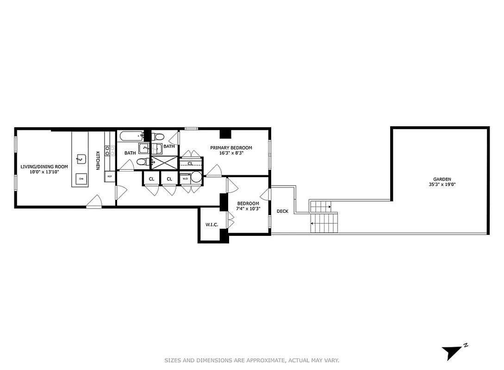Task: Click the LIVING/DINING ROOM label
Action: pyautogui.click(x=44, y=166)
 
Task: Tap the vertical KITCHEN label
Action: pyautogui.click(x=98, y=160)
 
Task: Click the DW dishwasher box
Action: pyautogui.click(x=81, y=179)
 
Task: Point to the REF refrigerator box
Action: pyautogui.click(x=110, y=176)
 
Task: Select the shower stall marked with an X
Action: pyautogui.click(x=165, y=162)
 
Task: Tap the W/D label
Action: pyautogui.click(x=185, y=178)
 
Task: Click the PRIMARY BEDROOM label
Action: pyautogui.click(x=231, y=148)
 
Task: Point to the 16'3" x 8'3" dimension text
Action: pyautogui.click(x=231, y=153)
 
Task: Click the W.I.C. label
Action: pyautogui.click(x=212, y=225)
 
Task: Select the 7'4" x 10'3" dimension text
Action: pyautogui.click(x=249, y=209)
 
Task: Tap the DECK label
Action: pyautogui.click(x=282, y=211)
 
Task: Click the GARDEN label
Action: pyautogui.click(x=442, y=179)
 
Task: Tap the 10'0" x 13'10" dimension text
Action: pyautogui.click(x=44, y=172)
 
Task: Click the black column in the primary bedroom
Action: pyautogui.click(x=225, y=134)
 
